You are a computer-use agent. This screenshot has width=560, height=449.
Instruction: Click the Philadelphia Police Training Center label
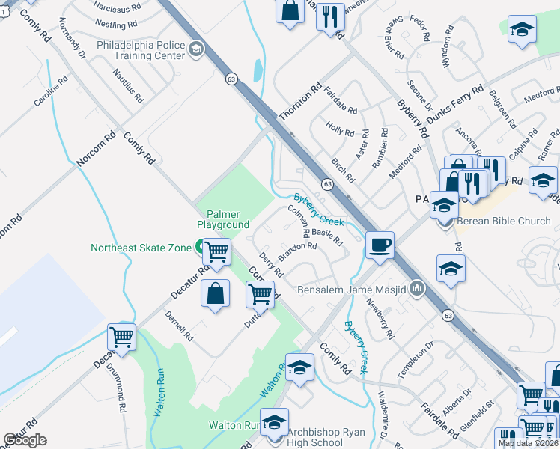click(140, 50)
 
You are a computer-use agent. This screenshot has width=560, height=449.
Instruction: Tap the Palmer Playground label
click(223, 219)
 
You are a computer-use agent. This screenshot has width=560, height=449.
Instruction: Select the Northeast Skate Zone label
click(141, 248)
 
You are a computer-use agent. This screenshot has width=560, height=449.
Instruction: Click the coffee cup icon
click(380, 245)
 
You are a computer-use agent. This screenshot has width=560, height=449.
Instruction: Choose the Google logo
click(25, 440)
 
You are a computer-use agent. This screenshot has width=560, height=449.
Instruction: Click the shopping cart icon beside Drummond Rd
click(121, 337)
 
